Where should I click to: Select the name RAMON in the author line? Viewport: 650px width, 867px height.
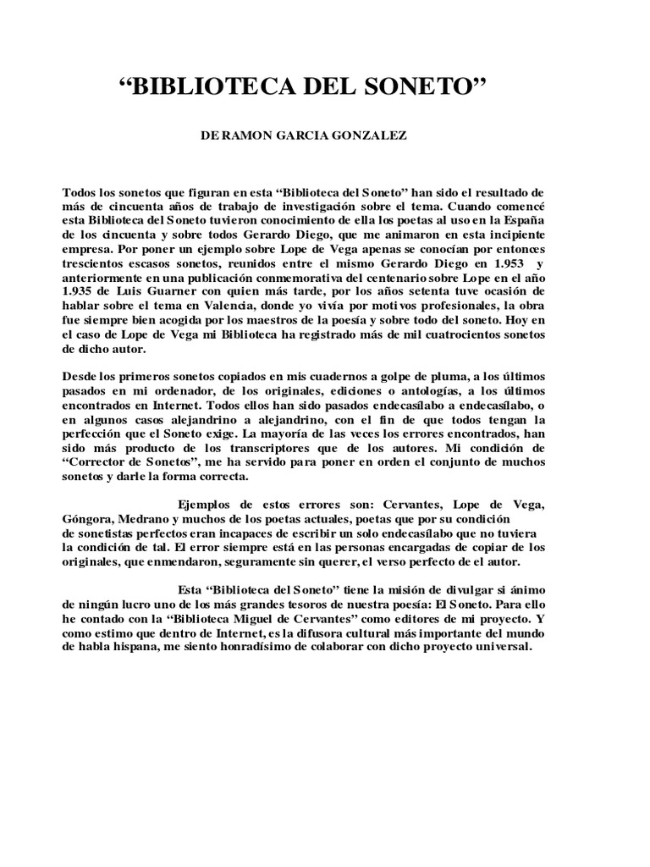tap(255, 135)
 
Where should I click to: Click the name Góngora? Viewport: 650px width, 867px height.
tap(89, 518)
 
